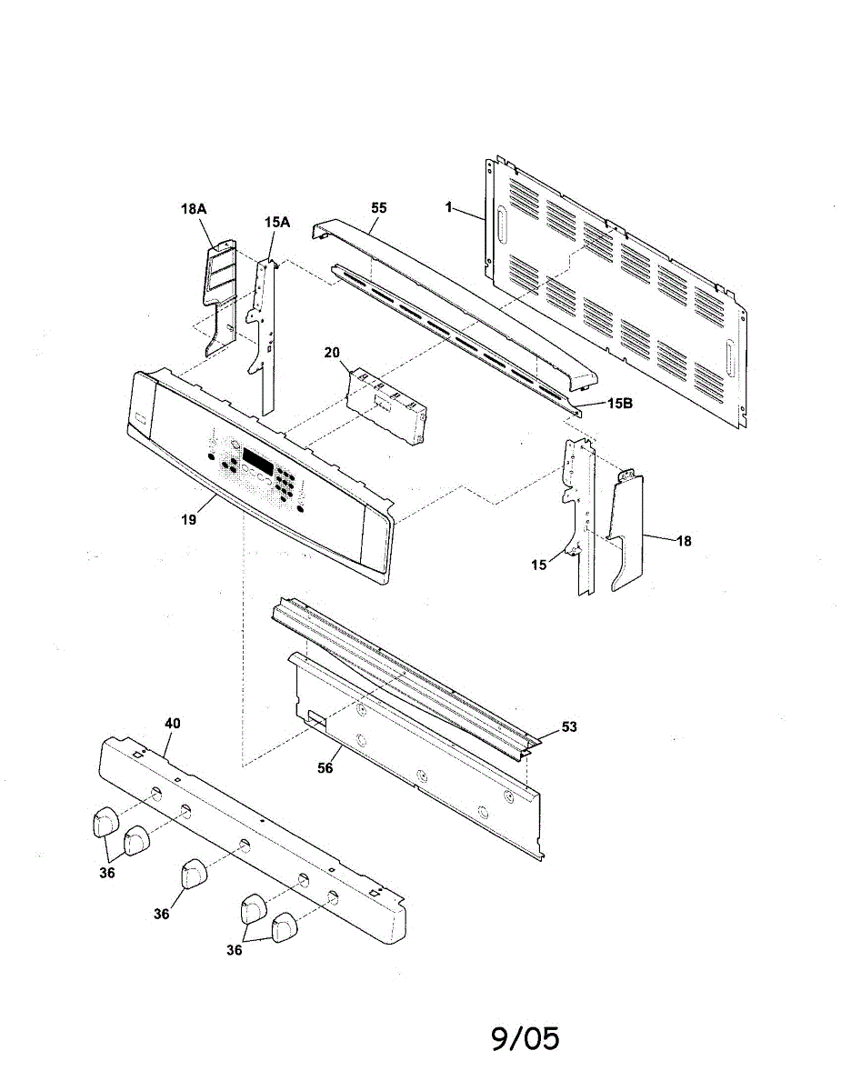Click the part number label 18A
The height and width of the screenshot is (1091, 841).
(194, 209)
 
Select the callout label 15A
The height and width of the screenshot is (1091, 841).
(276, 221)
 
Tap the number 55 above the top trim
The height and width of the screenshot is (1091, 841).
(379, 208)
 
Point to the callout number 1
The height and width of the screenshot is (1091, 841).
(449, 207)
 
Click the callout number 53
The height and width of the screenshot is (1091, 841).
(569, 726)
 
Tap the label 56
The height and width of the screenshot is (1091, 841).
(325, 768)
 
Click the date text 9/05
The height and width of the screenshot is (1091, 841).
(526, 1038)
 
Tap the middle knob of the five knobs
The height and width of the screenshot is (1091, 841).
(194, 875)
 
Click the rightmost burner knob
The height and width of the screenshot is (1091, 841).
(285, 926)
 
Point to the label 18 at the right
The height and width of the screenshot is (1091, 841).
(684, 541)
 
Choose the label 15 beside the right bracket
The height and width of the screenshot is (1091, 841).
(540, 565)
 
